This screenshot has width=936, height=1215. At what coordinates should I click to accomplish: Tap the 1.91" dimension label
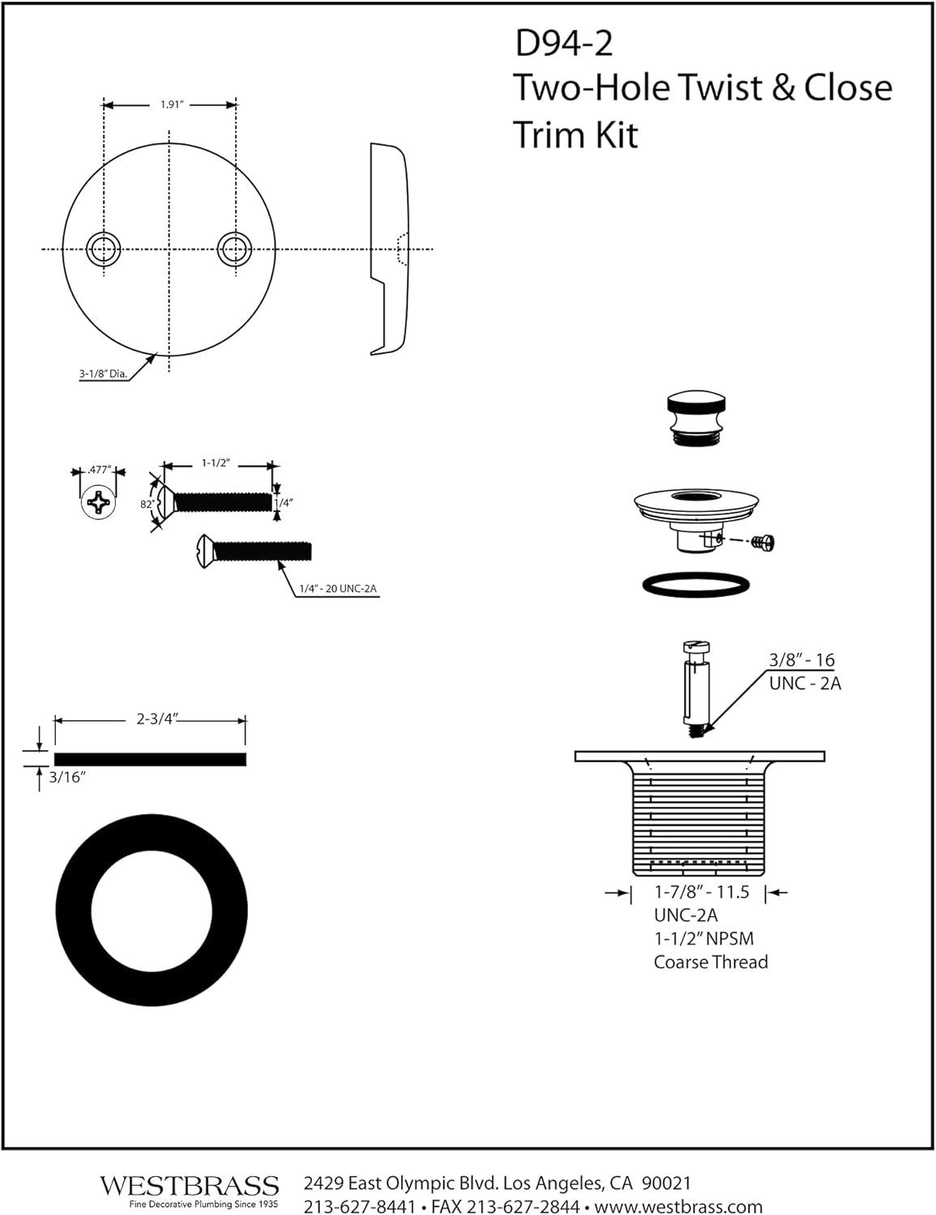pos(169,104)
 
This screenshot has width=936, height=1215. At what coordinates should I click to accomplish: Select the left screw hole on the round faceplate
pos(103,249)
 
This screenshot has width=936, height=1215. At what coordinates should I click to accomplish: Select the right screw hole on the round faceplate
pos(234,249)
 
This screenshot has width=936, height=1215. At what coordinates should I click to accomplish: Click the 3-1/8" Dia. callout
pos(103,374)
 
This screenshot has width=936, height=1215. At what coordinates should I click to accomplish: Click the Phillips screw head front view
pos(99,505)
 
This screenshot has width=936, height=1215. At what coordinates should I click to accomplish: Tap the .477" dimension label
pos(99,470)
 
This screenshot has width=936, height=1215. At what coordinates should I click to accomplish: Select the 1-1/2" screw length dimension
pos(216,463)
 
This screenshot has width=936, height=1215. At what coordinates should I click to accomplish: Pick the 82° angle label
pos(147,504)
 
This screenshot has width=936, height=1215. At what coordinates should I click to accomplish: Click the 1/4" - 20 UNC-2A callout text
pos(338,589)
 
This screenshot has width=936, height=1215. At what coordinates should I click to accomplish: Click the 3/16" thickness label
pos(67,778)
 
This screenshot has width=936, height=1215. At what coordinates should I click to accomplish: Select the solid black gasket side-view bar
pos(150,759)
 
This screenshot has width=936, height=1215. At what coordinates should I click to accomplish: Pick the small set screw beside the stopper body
pos(763,542)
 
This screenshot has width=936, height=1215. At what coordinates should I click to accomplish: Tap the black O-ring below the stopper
pos(695,585)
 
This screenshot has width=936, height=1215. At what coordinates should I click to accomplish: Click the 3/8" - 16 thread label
pos(801,659)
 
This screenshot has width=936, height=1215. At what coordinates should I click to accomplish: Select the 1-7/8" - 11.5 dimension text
pos(702,892)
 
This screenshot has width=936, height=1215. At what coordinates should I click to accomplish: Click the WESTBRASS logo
pos(189,1186)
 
